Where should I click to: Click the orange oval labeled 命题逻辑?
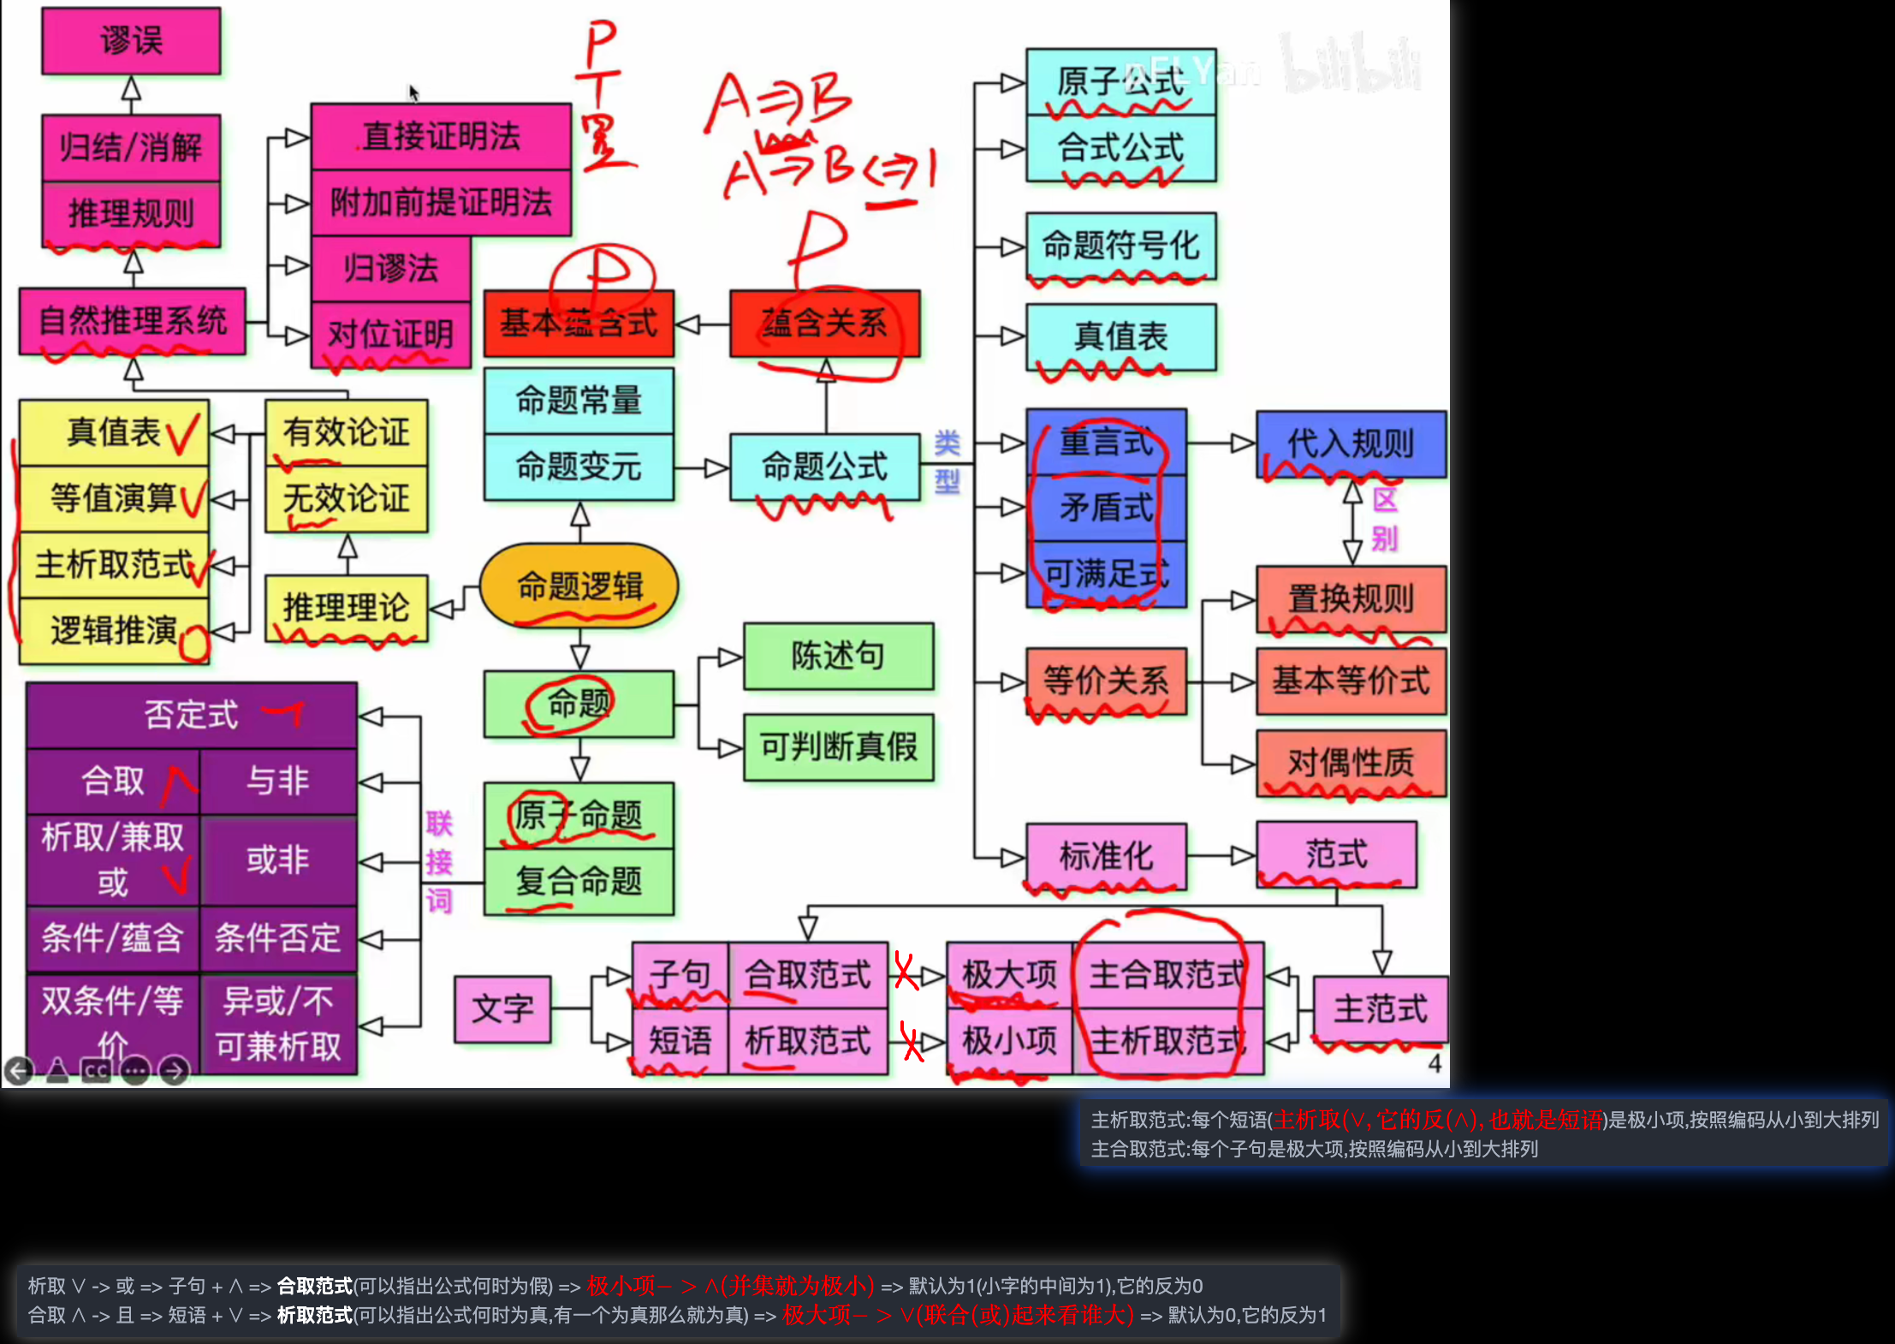click(579, 586)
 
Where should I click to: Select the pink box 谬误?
click(131, 40)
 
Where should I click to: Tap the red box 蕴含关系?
click(824, 324)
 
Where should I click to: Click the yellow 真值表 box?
click(114, 432)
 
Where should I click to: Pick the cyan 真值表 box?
click(1120, 336)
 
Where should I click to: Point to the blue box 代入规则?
click(1351, 443)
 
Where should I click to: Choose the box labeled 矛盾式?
click(1106, 508)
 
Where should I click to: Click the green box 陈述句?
click(838, 656)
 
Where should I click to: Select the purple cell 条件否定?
click(277, 938)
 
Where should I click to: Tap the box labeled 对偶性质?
click(1351, 763)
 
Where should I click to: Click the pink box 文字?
click(502, 1009)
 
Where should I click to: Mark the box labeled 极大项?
click(1009, 975)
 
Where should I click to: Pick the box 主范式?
click(1380, 1009)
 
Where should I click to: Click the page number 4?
click(1435, 1064)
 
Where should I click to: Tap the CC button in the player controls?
click(96, 1071)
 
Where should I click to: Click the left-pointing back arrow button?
click(19, 1071)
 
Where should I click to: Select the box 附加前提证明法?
click(441, 203)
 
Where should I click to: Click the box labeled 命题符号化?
click(1120, 247)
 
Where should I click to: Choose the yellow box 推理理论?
click(346, 608)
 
